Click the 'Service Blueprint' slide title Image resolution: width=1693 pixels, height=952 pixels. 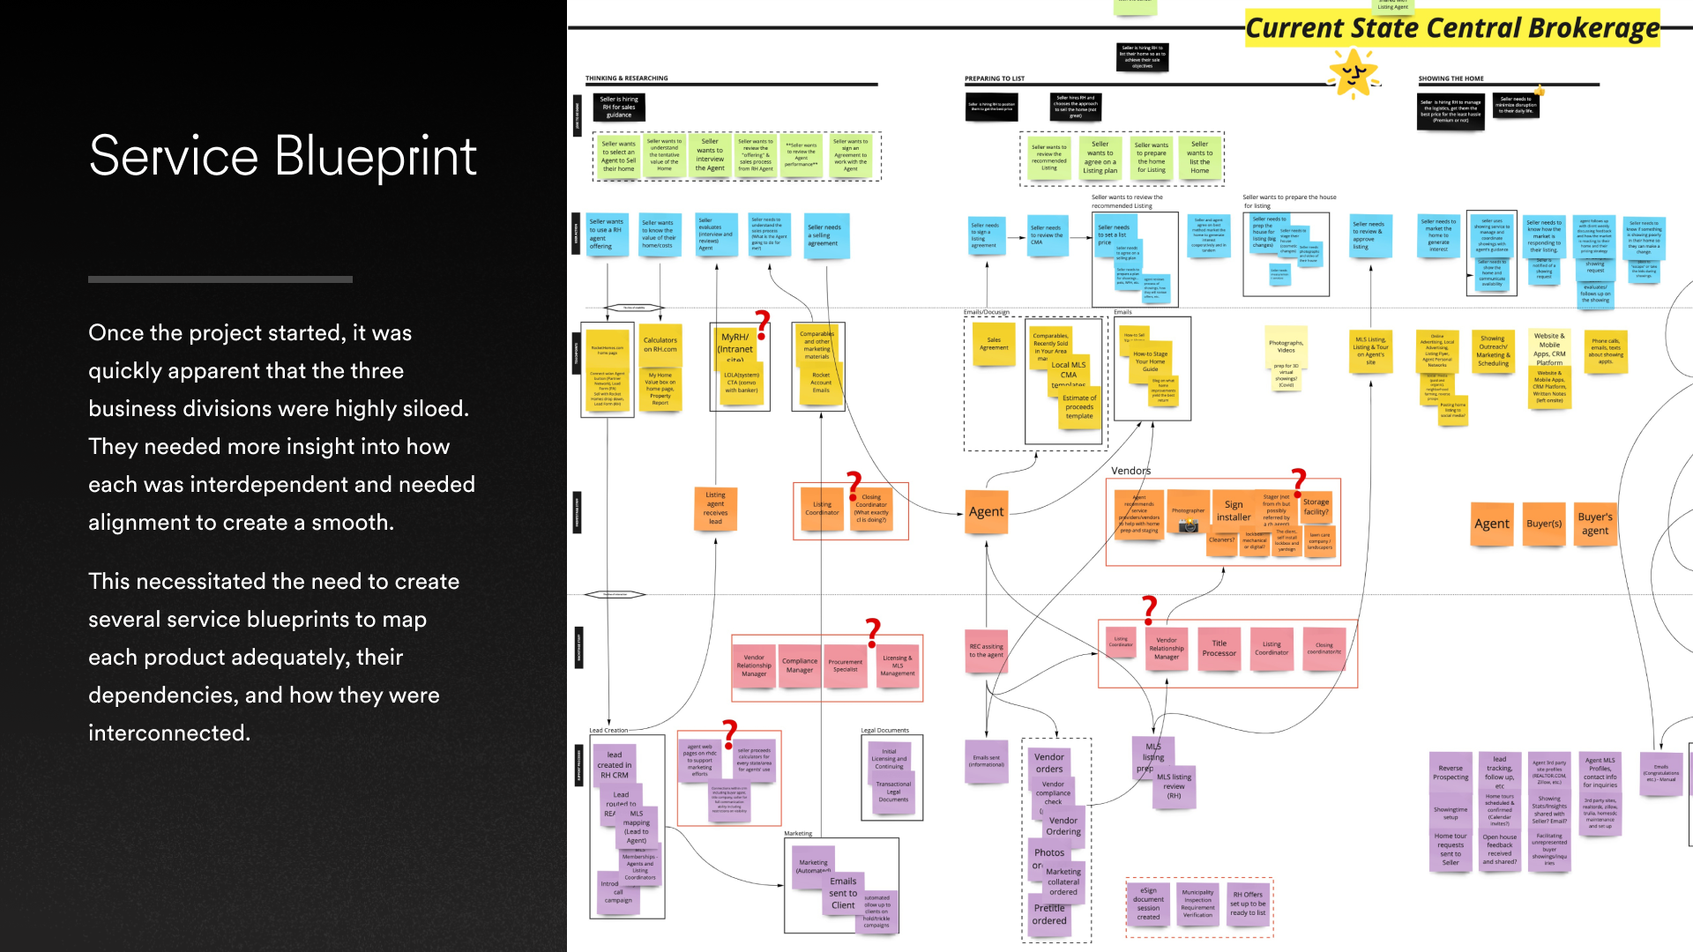tap(282, 157)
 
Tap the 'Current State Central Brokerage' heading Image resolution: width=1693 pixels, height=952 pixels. tap(1451, 28)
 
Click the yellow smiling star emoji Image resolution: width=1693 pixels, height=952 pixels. tap(1353, 72)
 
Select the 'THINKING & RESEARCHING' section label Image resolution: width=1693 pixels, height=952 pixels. tap(627, 78)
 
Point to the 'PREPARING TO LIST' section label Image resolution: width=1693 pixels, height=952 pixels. tap(995, 78)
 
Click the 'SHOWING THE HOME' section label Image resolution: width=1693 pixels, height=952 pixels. tap(1451, 78)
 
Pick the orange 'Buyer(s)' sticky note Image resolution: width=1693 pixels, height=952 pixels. tap(1544, 524)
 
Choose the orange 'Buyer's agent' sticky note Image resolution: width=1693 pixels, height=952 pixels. tap(1595, 524)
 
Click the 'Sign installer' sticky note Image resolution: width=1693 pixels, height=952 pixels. tap(1234, 511)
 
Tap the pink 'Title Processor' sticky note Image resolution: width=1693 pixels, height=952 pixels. tap(1219, 649)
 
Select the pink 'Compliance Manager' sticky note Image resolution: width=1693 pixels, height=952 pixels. tap(800, 666)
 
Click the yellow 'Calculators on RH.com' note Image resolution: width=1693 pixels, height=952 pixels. tap(660, 345)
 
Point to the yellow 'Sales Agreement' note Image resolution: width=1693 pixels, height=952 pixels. tap(994, 344)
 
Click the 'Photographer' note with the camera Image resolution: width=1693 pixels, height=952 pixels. tap(1188, 517)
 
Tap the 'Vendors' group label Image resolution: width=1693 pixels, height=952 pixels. tap(1130, 471)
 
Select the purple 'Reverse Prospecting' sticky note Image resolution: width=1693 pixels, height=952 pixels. tap(1451, 772)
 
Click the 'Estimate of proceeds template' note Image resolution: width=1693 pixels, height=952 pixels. tap(1079, 407)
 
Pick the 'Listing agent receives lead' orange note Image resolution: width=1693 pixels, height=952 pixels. tap(715, 508)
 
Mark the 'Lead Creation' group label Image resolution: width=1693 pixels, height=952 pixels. tap(608, 730)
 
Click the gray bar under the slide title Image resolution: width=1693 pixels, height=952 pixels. tap(220, 279)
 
